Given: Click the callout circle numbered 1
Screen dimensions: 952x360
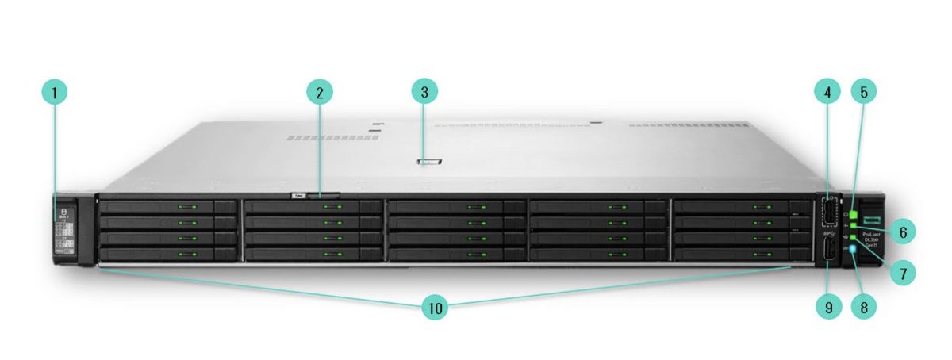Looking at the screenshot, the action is [x=55, y=93].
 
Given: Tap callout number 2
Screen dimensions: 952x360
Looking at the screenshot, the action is [x=319, y=93].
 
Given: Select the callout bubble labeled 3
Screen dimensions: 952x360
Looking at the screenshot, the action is [x=424, y=92].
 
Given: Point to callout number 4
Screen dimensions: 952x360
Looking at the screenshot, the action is [x=827, y=92].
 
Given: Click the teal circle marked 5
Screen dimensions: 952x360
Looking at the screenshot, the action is [x=864, y=92].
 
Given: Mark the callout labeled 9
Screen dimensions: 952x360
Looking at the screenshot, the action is [x=827, y=307].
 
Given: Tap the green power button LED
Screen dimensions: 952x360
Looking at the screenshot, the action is [x=854, y=215].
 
